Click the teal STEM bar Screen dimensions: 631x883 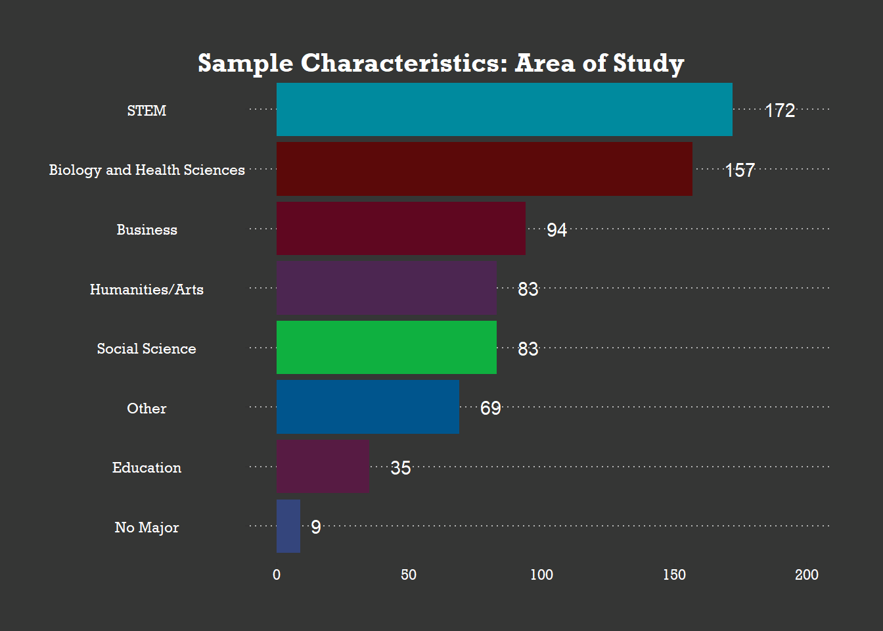point(504,109)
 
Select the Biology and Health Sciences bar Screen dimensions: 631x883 point(484,169)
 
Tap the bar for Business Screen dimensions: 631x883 point(401,228)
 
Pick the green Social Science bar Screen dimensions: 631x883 point(386,347)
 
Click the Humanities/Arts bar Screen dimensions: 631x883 point(386,288)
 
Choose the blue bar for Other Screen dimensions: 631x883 point(368,407)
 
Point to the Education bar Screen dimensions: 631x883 point(323,466)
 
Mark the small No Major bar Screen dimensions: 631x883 point(288,526)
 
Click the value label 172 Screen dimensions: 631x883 point(780,110)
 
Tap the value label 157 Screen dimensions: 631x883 point(740,170)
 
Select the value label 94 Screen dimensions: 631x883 point(556,229)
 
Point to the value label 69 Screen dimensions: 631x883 point(491,408)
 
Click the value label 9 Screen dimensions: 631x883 point(316,527)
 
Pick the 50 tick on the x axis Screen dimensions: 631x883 point(409,574)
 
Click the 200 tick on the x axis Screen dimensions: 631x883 point(806,574)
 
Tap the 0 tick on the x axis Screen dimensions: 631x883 point(277,574)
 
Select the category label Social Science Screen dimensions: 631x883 point(147,348)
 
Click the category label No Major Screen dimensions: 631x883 point(147,527)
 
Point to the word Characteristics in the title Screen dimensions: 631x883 point(404,63)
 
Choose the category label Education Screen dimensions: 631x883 point(147,467)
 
